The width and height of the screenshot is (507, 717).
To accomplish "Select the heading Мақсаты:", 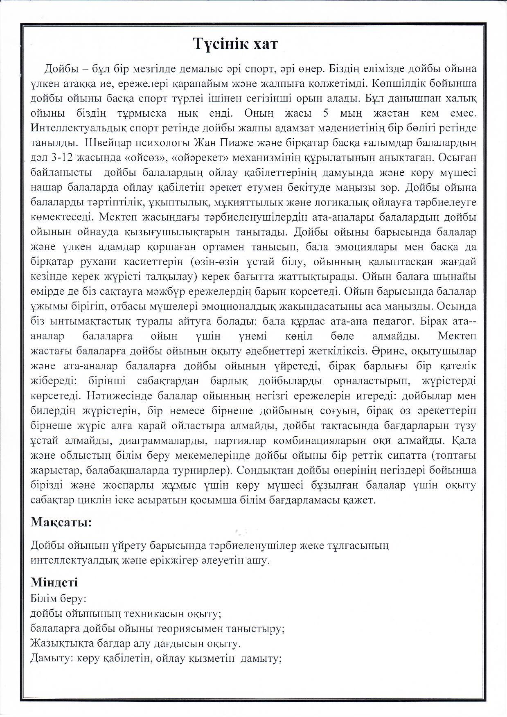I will tap(61, 523).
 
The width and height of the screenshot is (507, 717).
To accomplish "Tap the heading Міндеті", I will tap(54, 582).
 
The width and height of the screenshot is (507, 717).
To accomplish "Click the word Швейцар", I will tap(109, 143).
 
